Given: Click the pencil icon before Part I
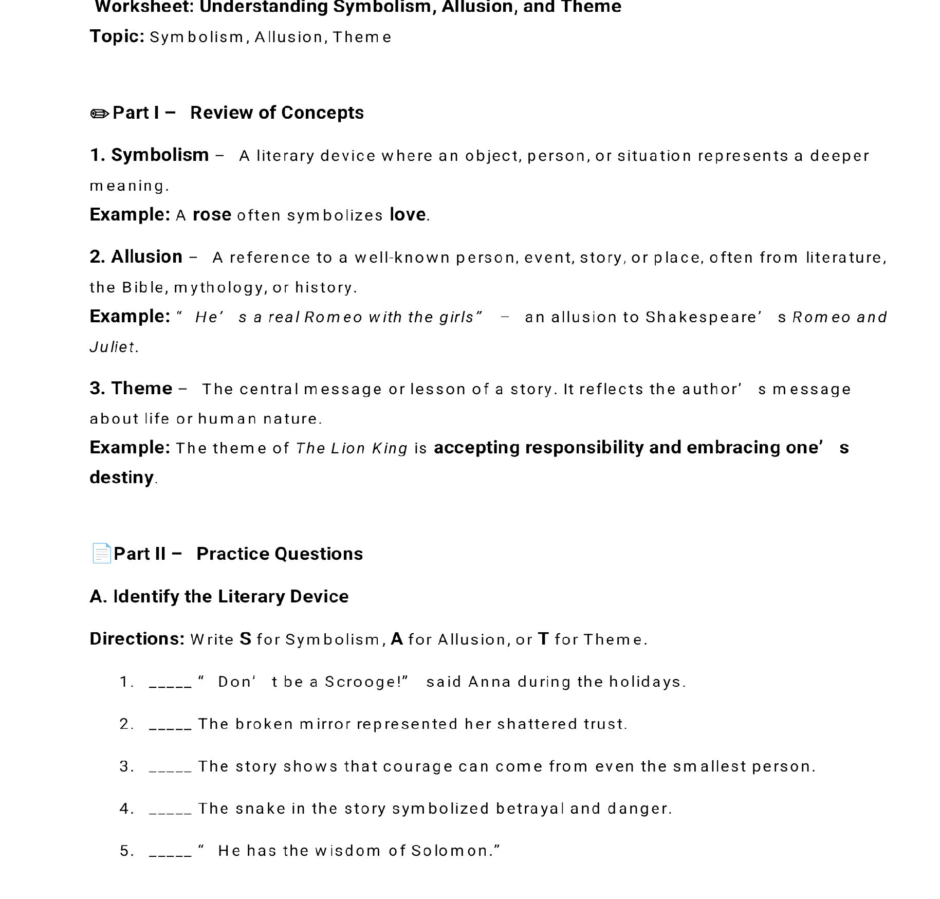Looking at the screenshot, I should tap(100, 114).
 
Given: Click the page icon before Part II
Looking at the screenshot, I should tap(101, 554).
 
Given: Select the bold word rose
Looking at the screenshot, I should tap(212, 215).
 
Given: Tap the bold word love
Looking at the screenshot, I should tap(408, 215).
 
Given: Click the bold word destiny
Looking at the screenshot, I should tap(121, 478).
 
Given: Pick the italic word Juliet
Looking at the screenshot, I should tap(113, 347).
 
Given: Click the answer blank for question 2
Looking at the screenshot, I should tap(170, 725).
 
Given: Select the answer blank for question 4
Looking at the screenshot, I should tap(170, 810).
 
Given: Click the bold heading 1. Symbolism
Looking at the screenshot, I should tap(149, 155).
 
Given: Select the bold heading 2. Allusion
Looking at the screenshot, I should tap(136, 257).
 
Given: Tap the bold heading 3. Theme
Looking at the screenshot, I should tap(131, 389).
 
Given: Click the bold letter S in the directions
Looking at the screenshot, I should tap(245, 639).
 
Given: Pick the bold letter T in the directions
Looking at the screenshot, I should tap(543, 639).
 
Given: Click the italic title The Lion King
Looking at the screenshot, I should tap(352, 449).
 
